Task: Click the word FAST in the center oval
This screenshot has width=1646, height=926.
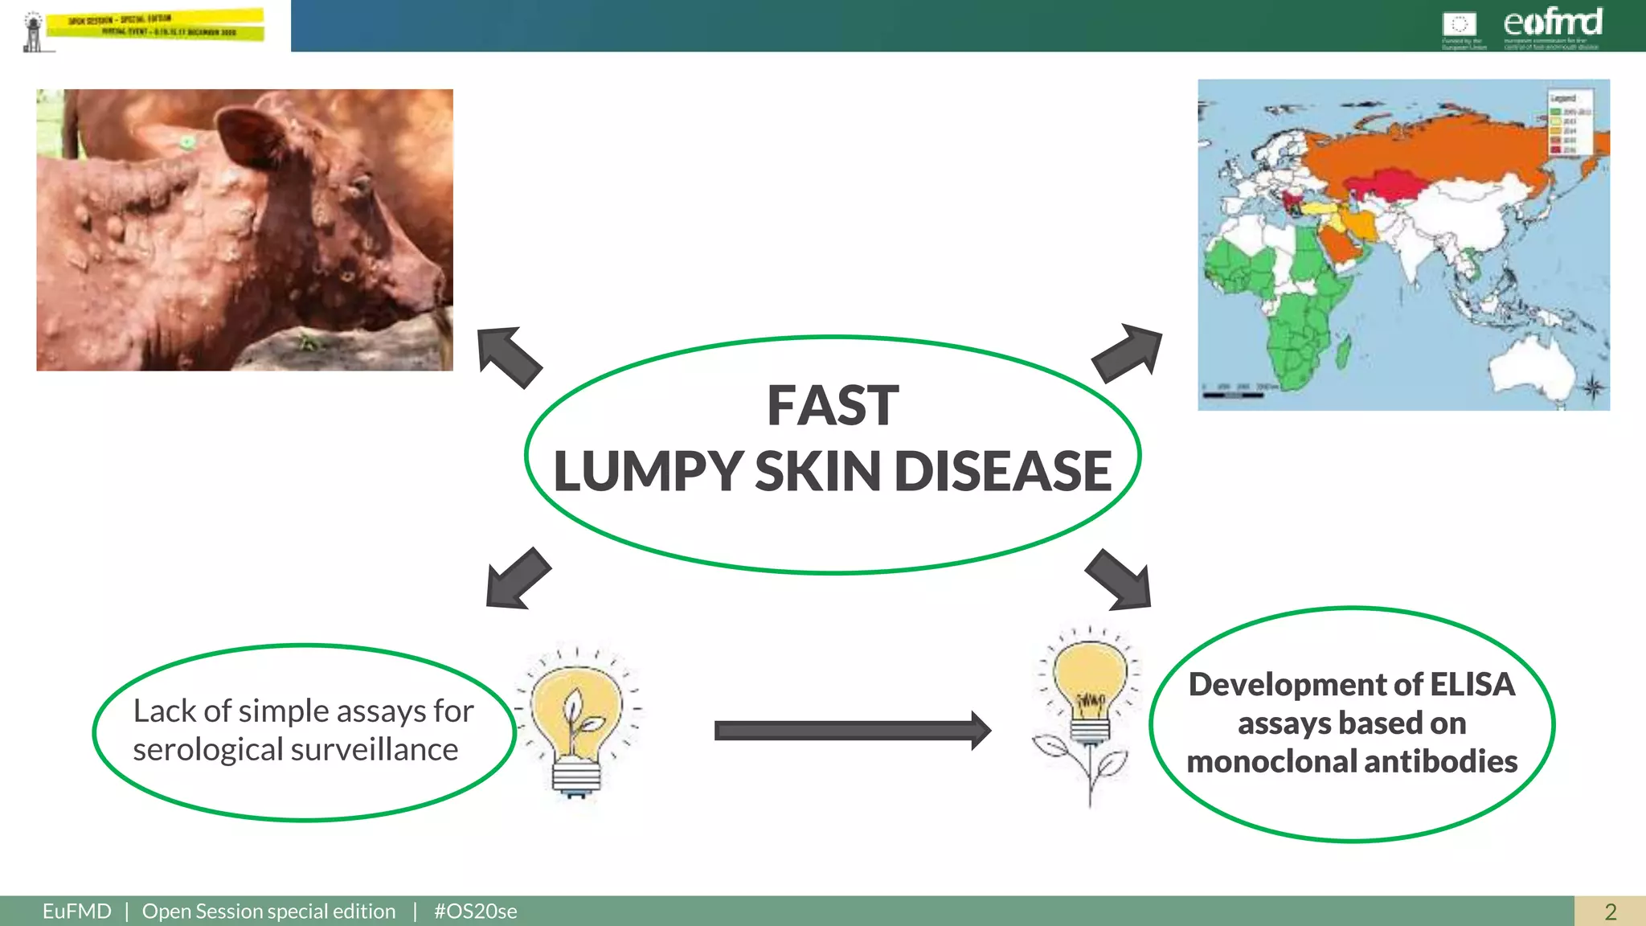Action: click(833, 405)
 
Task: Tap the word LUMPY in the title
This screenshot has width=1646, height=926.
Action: click(647, 471)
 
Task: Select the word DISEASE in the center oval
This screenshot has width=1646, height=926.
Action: click(1002, 471)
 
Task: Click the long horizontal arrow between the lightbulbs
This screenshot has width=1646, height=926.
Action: click(852, 730)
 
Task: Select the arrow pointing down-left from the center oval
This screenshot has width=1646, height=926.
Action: click(518, 579)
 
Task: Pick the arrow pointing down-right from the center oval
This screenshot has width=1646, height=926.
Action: click(1119, 580)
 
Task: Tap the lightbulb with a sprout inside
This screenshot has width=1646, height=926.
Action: click(576, 719)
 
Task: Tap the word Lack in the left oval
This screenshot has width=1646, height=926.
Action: click(165, 711)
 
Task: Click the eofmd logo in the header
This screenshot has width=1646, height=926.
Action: click(1552, 23)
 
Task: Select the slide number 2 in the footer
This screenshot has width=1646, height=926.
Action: click(1610, 912)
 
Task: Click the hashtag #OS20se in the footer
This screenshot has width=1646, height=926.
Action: click(475, 912)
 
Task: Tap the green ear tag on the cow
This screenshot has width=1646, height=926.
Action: click(186, 143)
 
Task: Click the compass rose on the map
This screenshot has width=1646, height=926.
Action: click(1593, 387)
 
